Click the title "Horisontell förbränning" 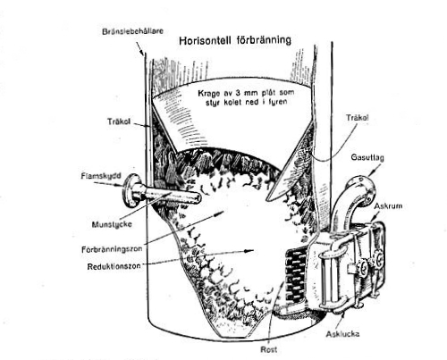click(235, 40)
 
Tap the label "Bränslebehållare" click(132, 31)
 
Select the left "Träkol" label click(119, 121)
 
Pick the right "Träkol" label click(358, 118)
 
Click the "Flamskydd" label click(101, 176)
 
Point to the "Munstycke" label click(112, 224)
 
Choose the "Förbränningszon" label click(112, 249)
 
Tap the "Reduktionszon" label click(114, 266)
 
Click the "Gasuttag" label click(367, 157)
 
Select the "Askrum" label click(388, 205)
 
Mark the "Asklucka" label click(342, 334)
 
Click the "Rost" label click(269, 349)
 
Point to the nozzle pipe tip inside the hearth click(198, 197)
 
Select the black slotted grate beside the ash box click(296, 275)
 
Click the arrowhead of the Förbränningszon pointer click(220, 213)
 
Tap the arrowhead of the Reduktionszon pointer click(249, 251)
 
